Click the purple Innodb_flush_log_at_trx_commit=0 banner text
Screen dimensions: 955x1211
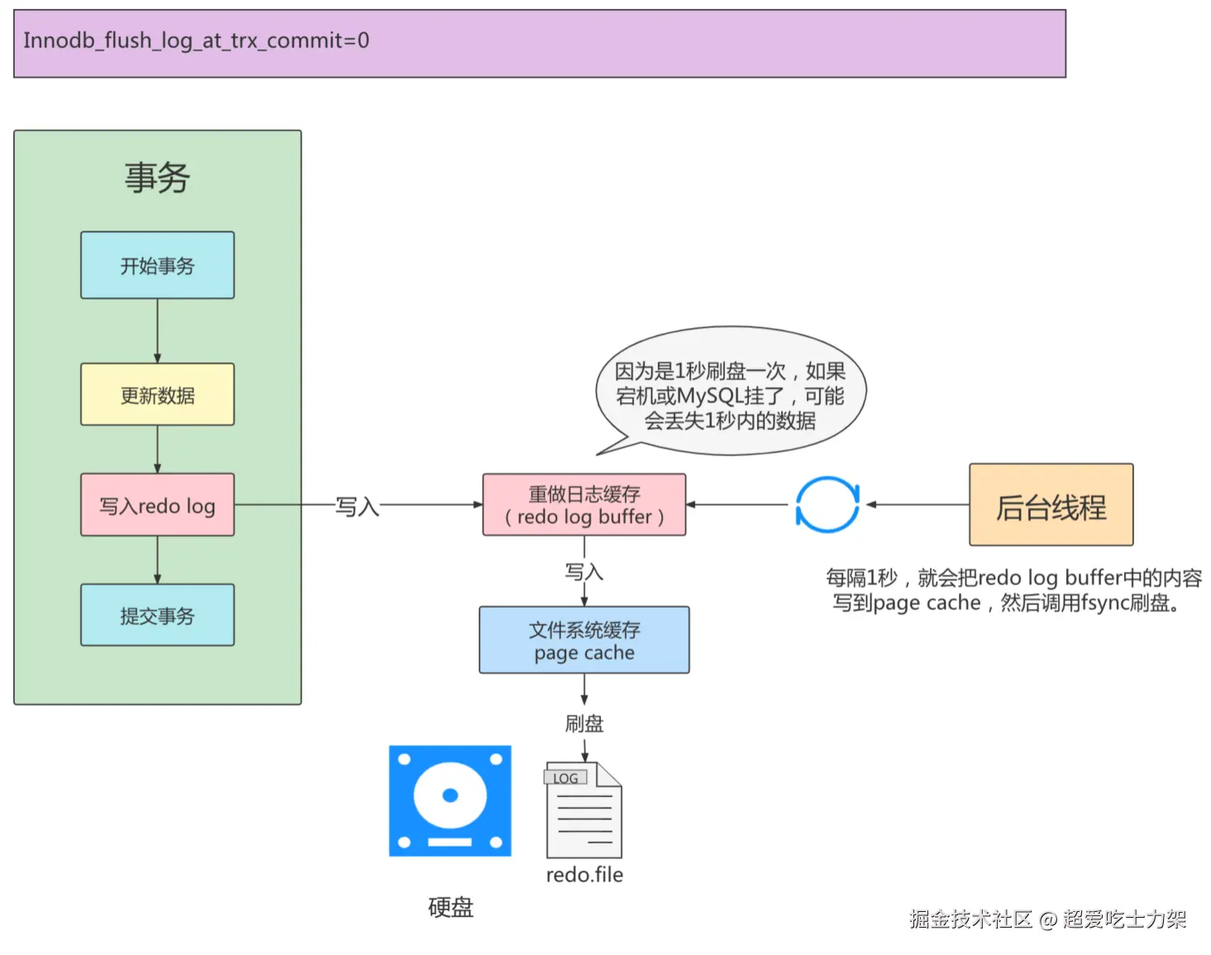click(196, 41)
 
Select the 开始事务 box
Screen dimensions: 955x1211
click(157, 265)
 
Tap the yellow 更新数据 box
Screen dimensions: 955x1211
click(157, 395)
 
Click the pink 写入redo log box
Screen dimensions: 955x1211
click(157, 505)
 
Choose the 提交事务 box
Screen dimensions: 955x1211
click(157, 615)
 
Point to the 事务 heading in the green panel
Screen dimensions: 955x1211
click(157, 178)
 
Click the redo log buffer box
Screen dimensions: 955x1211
click(584, 505)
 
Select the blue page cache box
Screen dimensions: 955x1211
click(584, 641)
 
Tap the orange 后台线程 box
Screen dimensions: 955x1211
click(1051, 505)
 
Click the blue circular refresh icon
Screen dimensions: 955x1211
click(827, 504)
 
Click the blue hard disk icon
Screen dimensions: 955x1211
click(451, 800)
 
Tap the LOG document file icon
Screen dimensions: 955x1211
click(584, 810)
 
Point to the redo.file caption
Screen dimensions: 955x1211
click(584, 875)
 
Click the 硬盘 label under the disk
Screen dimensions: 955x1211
click(451, 907)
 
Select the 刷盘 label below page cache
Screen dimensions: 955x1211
click(584, 723)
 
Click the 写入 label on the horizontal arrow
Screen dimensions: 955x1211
click(357, 506)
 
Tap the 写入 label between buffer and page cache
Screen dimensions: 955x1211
click(584, 571)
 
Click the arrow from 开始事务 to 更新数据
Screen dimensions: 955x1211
click(157, 331)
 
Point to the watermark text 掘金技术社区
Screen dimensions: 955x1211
click(971, 919)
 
